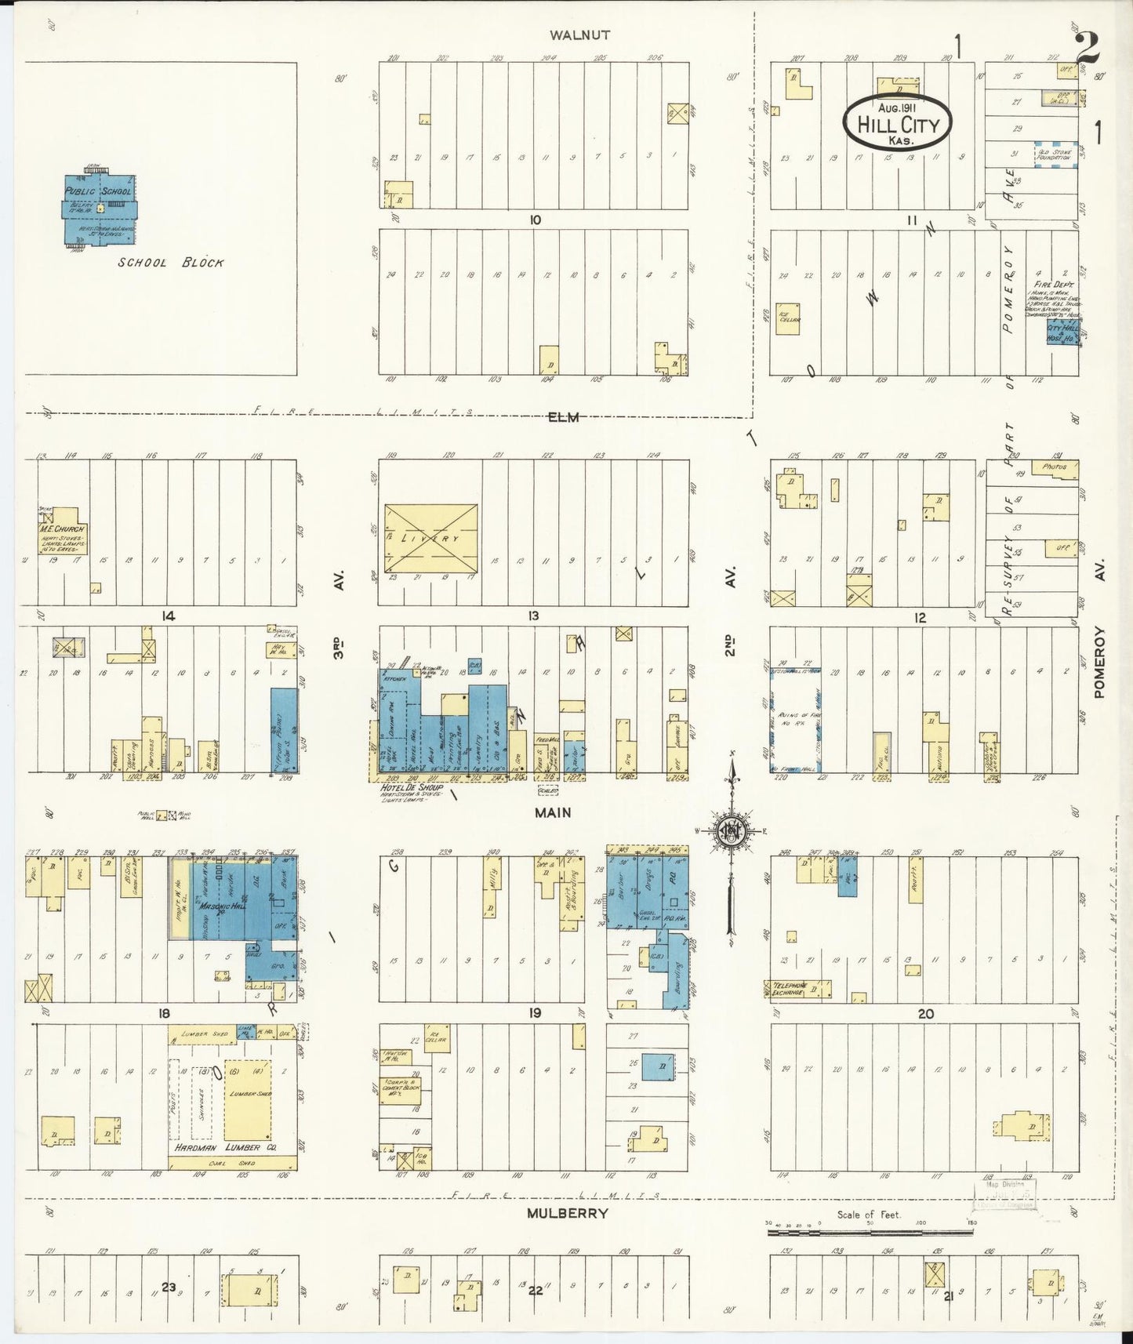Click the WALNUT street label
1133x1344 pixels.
(579, 35)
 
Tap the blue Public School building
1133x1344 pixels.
(99, 209)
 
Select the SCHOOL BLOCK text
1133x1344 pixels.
(171, 263)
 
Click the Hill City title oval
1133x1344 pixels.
(897, 123)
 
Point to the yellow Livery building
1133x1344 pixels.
(430, 539)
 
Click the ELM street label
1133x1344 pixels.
(563, 417)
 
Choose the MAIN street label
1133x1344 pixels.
(553, 813)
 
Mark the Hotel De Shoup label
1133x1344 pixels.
(412, 787)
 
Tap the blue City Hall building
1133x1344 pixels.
(1063, 332)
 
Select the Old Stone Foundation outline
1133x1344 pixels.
(1052, 153)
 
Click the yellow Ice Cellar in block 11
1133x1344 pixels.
(787, 318)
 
